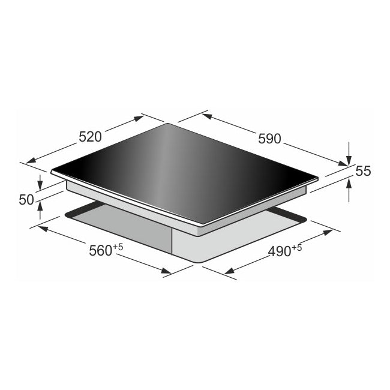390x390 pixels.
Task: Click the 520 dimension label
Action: [90, 137]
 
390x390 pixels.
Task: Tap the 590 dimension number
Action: [269, 139]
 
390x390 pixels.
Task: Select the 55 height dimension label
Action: [364, 171]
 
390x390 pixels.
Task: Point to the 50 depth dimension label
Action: [26, 200]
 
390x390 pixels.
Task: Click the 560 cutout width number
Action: [100, 251]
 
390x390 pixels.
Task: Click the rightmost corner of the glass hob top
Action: [316, 178]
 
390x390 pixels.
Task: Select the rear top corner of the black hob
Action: [169, 124]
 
